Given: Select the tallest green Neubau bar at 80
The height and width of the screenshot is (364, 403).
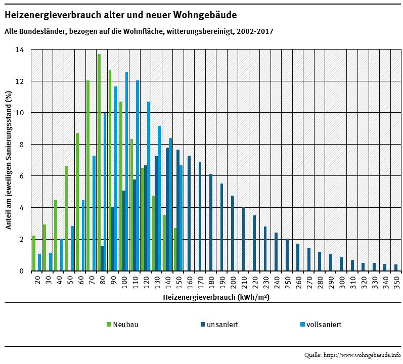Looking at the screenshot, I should click(x=99, y=162).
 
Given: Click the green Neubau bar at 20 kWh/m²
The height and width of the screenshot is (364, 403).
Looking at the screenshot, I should click(x=34, y=253).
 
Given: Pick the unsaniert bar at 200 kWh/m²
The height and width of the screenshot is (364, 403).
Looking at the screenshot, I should click(x=233, y=233).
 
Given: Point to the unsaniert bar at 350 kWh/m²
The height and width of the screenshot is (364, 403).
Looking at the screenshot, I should click(x=396, y=267).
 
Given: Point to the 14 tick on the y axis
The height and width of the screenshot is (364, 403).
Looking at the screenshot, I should click(x=20, y=50).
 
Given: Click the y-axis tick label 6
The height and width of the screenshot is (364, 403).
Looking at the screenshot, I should click(x=21, y=176).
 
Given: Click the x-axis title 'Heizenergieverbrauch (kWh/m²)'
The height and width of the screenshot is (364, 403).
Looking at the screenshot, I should click(x=216, y=298).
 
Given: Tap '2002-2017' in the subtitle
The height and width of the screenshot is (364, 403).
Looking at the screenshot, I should click(x=256, y=31).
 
